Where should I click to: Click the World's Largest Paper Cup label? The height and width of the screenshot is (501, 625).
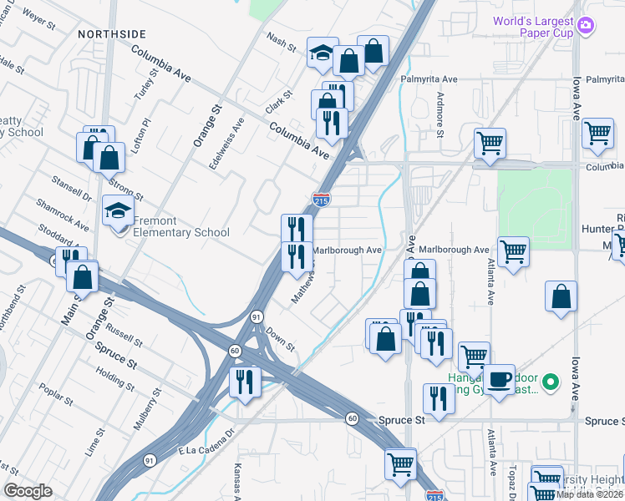coord(545,27)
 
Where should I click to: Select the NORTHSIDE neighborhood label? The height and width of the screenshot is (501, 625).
coord(112,34)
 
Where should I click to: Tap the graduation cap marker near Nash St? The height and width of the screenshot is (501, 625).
coord(322,53)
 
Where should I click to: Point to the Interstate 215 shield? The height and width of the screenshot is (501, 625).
coord(321,200)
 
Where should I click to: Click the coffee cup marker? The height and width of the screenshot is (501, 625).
coord(500,380)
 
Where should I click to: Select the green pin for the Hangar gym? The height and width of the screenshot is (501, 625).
coord(550,383)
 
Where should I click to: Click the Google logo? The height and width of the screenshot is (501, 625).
coord(28,491)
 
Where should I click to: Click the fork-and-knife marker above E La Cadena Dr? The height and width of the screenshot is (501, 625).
coord(245,382)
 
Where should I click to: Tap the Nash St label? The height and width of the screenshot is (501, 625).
coord(281,42)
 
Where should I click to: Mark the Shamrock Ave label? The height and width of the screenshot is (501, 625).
coord(62,215)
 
